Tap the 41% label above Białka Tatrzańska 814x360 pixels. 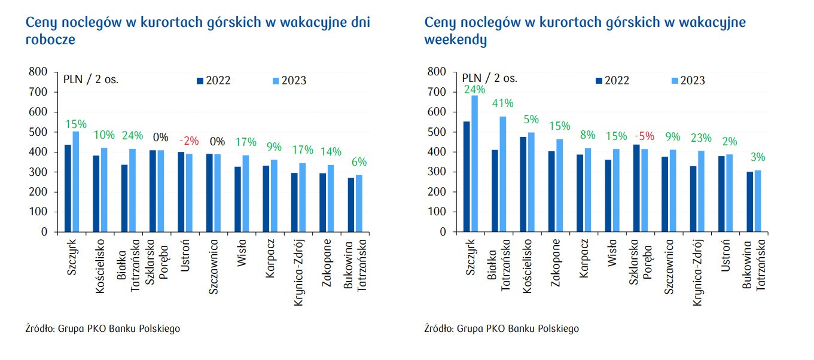[503, 103]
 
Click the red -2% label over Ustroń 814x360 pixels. [189, 141]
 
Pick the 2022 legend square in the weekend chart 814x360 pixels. [599, 81]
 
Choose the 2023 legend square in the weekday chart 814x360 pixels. [276, 81]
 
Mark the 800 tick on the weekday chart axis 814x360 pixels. [38, 72]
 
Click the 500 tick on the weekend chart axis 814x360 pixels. [438, 132]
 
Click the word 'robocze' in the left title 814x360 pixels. [50, 40]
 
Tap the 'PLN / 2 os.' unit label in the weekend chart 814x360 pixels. [489, 78]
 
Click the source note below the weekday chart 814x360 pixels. [102, 328]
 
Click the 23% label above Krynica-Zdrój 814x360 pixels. [700, 138]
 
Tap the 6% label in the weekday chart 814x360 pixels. [359, 162]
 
